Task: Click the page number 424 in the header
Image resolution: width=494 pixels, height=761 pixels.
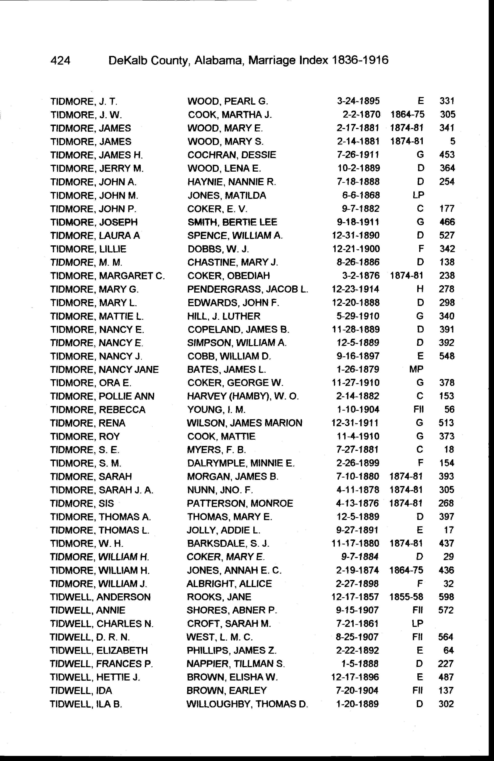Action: coord(60,60)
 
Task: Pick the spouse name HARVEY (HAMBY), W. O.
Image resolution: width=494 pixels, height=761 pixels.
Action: coord(243,396)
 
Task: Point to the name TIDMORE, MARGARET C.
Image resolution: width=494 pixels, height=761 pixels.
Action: coord(107,276)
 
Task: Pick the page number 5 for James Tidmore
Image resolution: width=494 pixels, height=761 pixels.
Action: coord(452,141)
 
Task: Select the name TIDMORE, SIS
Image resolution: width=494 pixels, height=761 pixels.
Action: coord(82,504)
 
